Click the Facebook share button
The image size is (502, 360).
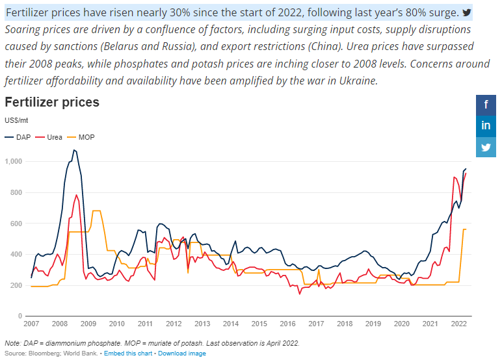pyautogui.click(x=486, y=104)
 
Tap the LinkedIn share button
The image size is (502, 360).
pyautogui.click(x=486, y=125)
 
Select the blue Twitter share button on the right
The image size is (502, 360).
pyautogui.click(x=486, y=147)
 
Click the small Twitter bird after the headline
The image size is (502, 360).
pyautogui.click(x=467, y=12)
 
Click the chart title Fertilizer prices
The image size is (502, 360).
pyautogui.click(x=52, y=102)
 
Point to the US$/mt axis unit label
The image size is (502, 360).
pyautogui.click(x=16, y=120)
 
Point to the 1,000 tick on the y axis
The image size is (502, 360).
pyautogui.click(x=14, y=161)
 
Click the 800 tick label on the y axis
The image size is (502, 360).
pyautogui.click(x=18, y=192)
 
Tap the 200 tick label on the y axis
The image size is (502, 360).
pyautogui.click(x=18, y=285)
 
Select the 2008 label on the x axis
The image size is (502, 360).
pyautogui.click(x=59, y=324)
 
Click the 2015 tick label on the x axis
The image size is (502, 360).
pyautogui.click(x=259, y=324)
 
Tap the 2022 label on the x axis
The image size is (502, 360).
pyautogui.click(x=458, y=324)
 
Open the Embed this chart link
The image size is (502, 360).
pyautogui.click(x=128, y=354)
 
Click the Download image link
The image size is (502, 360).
pyautogui.click(x=182, y=354)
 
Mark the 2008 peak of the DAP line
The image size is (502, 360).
pyautogui.click(x=75, y=150)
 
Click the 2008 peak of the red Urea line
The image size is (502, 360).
pyautogui.click(x=77, y=195)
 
